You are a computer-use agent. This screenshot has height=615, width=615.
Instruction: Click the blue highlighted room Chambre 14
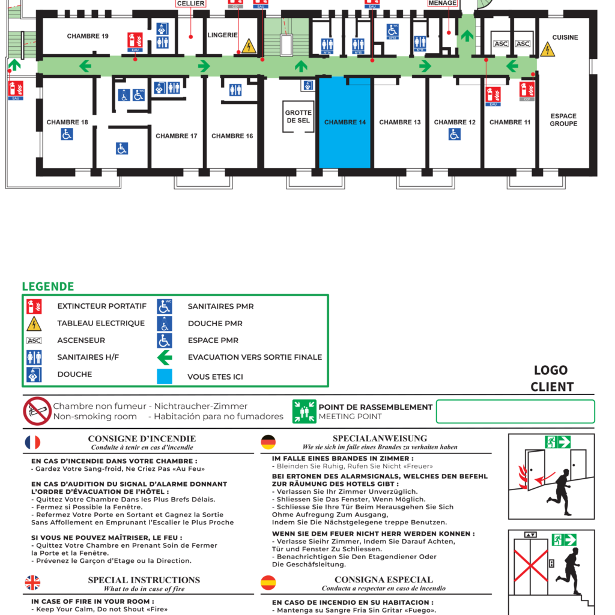click(345, 123)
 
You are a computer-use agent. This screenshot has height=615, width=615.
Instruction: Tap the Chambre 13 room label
click(400, 123)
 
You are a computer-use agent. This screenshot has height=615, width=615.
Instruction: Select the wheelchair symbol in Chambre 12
click(455, 135)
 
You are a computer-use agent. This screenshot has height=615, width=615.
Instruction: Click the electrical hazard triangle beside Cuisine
click(547, 50)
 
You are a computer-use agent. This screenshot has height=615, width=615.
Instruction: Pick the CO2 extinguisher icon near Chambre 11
click(526, 91)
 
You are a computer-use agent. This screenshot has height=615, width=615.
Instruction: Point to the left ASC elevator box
click(501, 44)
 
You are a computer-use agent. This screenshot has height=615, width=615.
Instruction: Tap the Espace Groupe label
click(563, 120)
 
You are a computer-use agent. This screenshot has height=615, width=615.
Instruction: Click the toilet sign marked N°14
click(327, 46)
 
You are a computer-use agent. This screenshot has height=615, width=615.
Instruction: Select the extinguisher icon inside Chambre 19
click(135, 41)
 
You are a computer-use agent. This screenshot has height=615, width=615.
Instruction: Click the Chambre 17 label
click(176, 136)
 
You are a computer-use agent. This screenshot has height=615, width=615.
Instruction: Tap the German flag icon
click(268, 443)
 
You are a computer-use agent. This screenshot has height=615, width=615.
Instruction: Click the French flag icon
click(32, 443)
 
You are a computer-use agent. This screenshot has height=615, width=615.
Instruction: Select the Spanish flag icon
click(268, 583)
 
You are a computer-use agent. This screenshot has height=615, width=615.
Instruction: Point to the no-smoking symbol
click(37, 411)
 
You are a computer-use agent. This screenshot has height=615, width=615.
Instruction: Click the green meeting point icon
click(304, 411)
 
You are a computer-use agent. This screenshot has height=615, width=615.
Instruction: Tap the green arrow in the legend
click(165, 357)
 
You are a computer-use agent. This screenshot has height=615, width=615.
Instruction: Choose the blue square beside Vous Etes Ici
click(165, 377)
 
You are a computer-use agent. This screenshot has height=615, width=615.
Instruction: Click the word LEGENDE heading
click(48, 286)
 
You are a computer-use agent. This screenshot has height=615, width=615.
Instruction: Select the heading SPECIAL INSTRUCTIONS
click(144, 580)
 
